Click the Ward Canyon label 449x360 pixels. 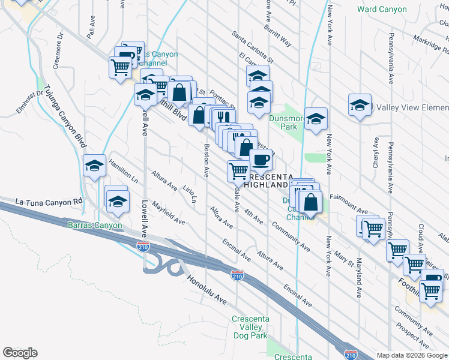(382, 9)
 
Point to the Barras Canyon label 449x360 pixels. (94, 226)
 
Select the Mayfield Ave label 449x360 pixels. (168, 212)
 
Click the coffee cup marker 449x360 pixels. (261, 160)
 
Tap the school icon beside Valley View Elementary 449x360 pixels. (360, 106)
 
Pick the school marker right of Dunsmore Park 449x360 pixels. (315, 119)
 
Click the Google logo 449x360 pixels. (20, 353)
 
